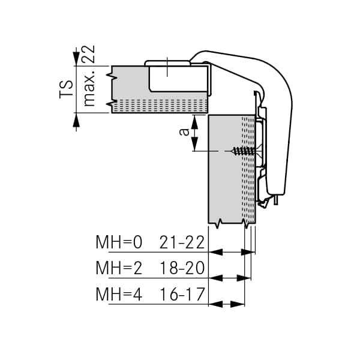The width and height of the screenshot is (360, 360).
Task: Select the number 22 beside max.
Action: tap(89, 54)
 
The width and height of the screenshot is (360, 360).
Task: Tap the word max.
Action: tap(89, 88)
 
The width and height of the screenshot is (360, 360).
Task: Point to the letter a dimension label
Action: tap(184, 132)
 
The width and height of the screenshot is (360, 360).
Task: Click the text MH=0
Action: tap(119, 242)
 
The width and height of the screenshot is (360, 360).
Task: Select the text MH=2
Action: tap(119, 268)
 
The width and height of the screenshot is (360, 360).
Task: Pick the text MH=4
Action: tap(119, 294)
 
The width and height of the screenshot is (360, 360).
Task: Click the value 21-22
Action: tap(182, 242)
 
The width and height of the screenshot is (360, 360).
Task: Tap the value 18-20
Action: tap(182, 268)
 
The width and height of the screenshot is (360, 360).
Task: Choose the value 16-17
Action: tap(182, 294)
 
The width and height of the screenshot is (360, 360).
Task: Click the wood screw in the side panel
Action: tap(244, 151)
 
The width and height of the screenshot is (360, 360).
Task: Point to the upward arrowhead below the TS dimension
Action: tap(76, 120)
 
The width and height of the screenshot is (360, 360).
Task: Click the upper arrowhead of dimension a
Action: tap(194, 122)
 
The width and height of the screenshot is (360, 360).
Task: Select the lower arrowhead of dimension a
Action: tap(194, 144)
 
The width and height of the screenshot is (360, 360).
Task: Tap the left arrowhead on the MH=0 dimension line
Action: tap(215, 252)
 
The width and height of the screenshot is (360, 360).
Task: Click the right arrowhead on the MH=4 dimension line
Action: tap(238, 304)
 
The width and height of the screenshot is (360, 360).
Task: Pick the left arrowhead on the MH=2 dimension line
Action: tap(215, 278)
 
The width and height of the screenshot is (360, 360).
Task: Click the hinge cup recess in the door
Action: tap(178, 78)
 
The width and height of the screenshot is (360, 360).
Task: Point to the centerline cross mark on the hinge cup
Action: tap(167, 67)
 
